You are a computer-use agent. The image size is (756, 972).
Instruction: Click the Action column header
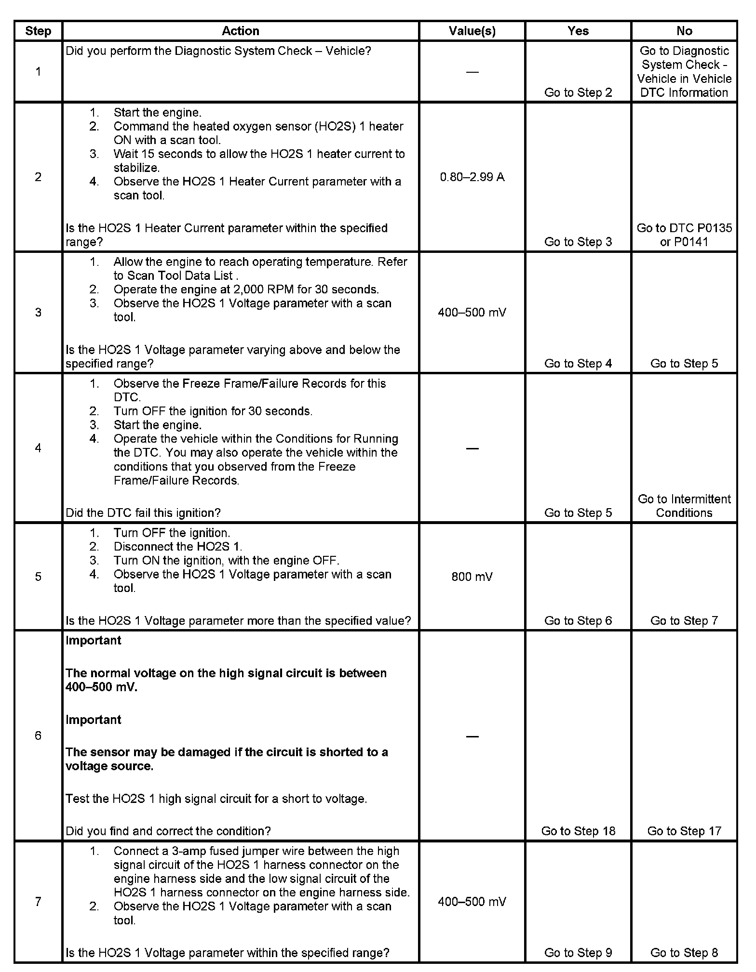(x=240, y=31)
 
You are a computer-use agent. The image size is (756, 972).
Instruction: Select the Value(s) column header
(x=472, y=31)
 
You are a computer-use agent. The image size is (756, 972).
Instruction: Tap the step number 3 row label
(x=38, y=313)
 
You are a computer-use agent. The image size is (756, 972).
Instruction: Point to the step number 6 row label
(x=38, y=736)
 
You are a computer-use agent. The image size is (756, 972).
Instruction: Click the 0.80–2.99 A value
(x=472, y=177)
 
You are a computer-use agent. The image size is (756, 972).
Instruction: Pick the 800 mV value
(x=472, y=577)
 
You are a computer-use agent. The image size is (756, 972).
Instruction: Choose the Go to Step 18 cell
(x=578, y=831)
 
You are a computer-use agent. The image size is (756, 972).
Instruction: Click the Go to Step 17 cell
(x=684, y=831)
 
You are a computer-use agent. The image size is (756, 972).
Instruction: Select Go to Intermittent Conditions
(x=684, y=506)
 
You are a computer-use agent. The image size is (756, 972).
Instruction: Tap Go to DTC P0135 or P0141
(x=684, y=235)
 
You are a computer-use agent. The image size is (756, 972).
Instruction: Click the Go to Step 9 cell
(x=578, y=953)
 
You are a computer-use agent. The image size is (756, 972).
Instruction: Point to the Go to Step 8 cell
(x=684, y=953)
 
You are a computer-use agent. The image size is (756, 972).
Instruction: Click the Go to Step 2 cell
(x=578, y=92)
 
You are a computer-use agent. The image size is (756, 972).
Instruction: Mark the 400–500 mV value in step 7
(x=472, y=902)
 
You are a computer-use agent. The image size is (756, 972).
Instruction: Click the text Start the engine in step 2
(x=157, y=113)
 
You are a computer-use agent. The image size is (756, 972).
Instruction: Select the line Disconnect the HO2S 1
(x=177, y=547)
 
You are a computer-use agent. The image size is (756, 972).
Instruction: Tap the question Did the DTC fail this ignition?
(x=143, y=513)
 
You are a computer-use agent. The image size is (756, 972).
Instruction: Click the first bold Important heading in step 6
(x=94, y=641)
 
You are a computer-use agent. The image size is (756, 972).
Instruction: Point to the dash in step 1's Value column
(x=472, y=72)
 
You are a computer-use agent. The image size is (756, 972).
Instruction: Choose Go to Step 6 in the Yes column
(x=578, y=621)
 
